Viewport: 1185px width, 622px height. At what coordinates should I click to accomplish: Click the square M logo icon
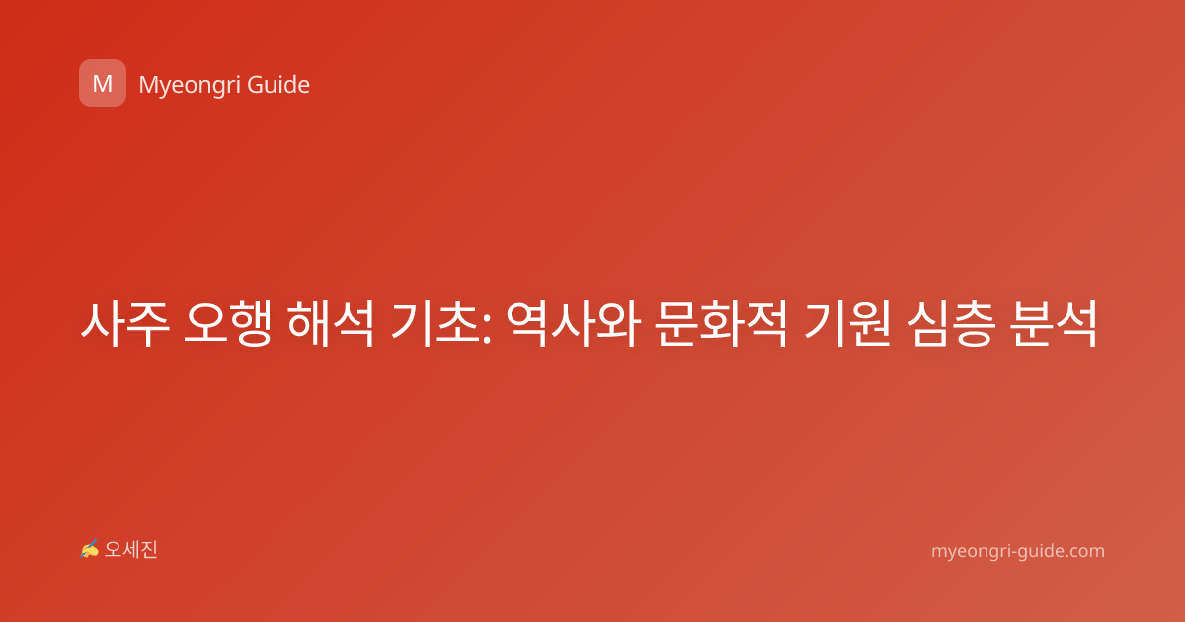(103, 83)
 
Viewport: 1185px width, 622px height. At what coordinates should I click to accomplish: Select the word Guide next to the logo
(278, 85)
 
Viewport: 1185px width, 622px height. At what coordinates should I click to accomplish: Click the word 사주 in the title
(124, 324)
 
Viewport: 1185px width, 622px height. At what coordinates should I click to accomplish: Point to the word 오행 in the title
(227, 324)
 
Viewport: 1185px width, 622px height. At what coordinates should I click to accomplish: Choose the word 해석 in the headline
(331, 324)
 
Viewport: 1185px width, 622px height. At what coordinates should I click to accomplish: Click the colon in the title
(487, 327)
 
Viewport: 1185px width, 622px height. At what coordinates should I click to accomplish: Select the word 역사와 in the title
(574, 324)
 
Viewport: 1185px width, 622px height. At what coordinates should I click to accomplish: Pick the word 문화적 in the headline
(721, 324)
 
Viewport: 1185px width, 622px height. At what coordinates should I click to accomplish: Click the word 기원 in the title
(847, 324)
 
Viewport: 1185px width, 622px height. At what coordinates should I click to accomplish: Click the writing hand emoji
(89, 549)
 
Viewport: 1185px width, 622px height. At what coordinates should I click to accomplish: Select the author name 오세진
(130, 550)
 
